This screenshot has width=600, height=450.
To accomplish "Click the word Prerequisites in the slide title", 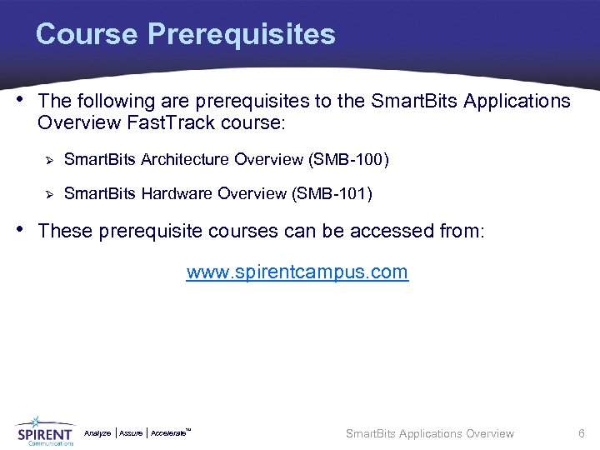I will coord(242,34).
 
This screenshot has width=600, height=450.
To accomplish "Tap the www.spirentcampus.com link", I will coord(297,272).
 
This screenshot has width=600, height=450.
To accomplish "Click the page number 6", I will coord(582,433).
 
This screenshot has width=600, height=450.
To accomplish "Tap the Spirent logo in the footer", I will coord(44,431).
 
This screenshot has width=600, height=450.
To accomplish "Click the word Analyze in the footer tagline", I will coord(97,433).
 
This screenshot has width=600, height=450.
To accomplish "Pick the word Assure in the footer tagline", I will coord(131,433).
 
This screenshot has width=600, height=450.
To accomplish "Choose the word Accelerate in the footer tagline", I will coord(168,433).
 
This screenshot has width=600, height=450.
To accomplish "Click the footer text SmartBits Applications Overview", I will coord(429,433).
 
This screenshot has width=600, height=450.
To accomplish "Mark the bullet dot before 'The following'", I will coord(22,101).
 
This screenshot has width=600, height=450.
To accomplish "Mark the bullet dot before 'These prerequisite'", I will coord(22,229).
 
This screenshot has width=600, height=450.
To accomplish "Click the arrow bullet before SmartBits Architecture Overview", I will coord(48,158).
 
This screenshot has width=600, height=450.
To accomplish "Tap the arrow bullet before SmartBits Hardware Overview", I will coord(48,193).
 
